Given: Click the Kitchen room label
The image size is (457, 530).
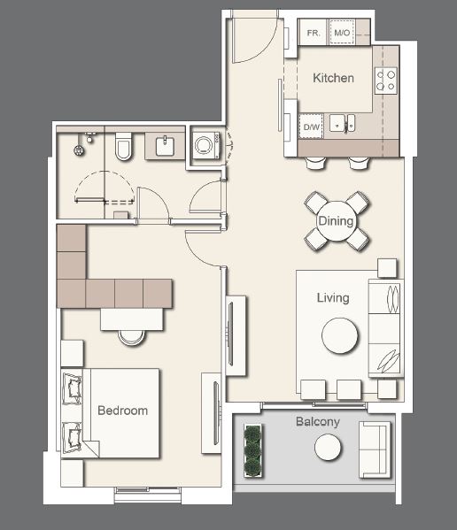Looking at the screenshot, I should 333,78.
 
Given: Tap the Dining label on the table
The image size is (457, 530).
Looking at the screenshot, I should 336,221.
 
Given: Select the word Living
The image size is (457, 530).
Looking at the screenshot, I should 333,298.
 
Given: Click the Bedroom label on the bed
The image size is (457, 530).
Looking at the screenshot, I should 122,411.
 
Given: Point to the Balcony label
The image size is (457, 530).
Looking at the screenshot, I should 317,422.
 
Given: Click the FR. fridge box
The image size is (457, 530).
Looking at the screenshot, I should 313,33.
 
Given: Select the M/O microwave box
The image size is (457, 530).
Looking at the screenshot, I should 342,33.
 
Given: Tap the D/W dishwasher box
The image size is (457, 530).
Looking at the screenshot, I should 311,127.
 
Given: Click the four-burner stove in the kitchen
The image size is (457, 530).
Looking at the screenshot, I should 386,81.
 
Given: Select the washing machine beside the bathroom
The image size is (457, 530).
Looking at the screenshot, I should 205,144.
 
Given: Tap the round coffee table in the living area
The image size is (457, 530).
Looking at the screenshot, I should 340,335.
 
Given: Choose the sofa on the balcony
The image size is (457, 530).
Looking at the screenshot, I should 374,449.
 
